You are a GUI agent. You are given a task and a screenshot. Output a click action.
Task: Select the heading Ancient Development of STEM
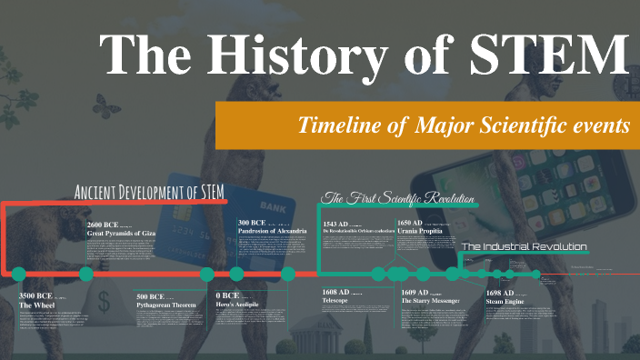click(x=150, y=192)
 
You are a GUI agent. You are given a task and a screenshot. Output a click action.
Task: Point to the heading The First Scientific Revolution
click(x=398, y=198)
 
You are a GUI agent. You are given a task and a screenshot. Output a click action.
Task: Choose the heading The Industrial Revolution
click(x=524, y=246)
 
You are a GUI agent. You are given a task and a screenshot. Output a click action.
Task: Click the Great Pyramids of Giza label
click(x=127, y=233)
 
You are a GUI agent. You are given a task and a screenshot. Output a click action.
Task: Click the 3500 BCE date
click(x=35, y=295)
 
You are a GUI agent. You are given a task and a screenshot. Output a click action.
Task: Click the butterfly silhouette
click(x=107, y=107)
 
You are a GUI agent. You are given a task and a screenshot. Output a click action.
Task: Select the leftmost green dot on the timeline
click(x=18, y=274)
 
